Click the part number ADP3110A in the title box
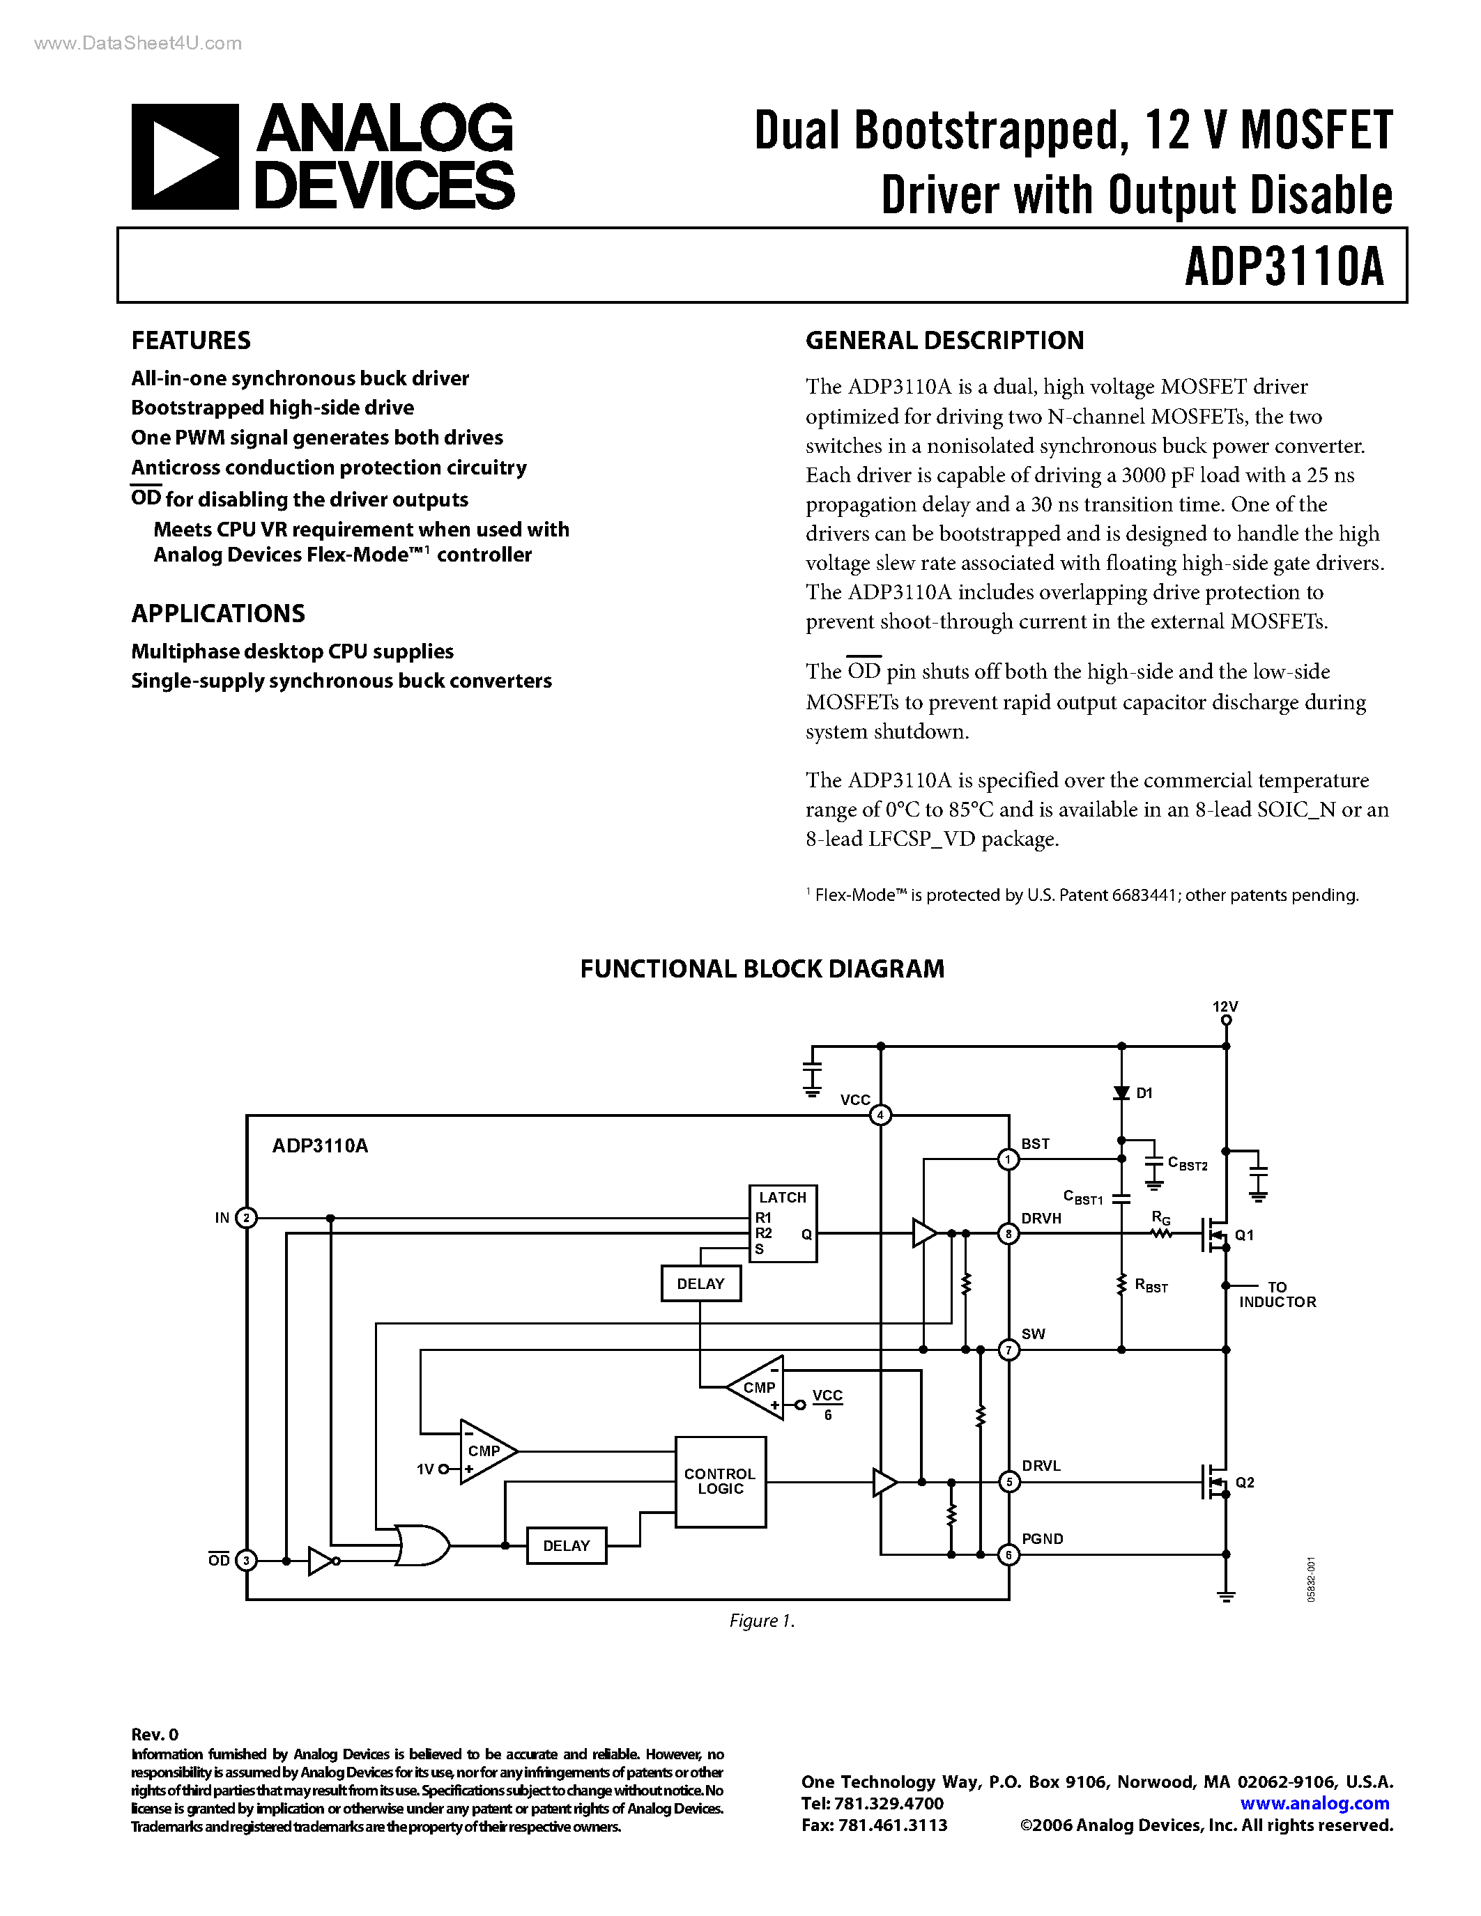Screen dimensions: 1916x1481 pyautogui.click(x=1284, y=267)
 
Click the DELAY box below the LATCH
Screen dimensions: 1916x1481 pyautogui.click(x=700, y=1284)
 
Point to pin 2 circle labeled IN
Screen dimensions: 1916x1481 pyautogui.click(x=247, y=1218)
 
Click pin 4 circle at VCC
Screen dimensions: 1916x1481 pyautogui.click(x=880, y=1115)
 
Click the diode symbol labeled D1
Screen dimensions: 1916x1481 pyautogui.click(x=1121, y=1093)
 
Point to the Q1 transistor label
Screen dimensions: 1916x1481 pyautogui.click(x=1244, y=1235)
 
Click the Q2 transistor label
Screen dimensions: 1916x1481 pyautogui.click(x=1244, y=1483)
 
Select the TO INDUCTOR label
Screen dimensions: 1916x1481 pyautogui.click(x=1277, y=1295)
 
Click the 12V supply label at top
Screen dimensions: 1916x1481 pyautogui.click(x=1225, y=1006)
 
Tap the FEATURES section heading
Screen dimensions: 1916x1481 pyautogui.click(x=190, y=341)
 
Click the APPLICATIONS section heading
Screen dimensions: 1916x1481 pyautogui.click(x=217, y=613)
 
